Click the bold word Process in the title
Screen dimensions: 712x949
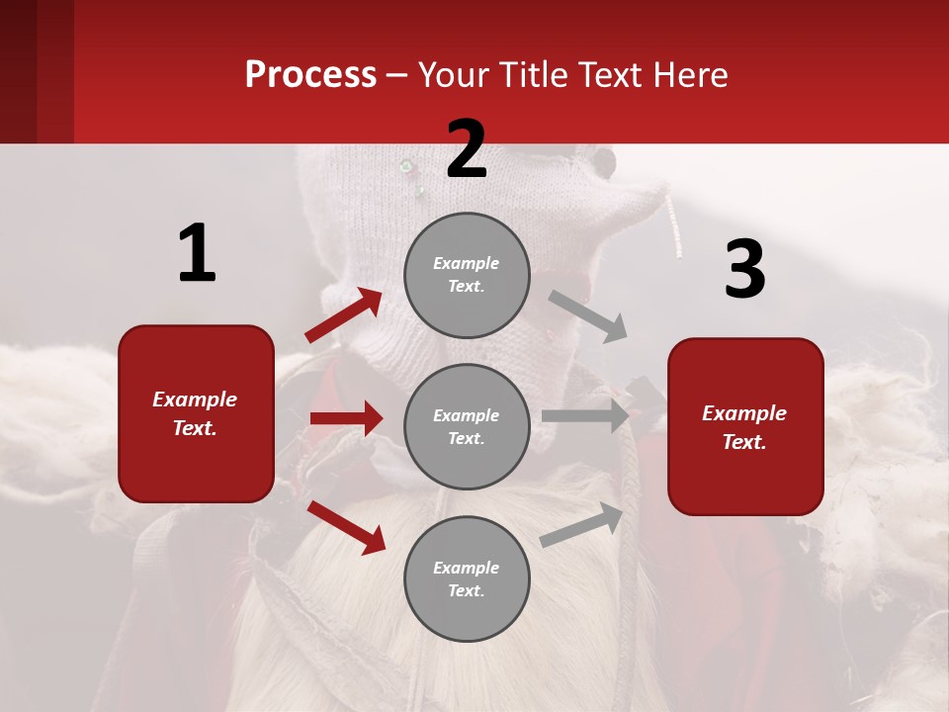point(310,75)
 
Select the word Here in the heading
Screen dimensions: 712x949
point(689,75)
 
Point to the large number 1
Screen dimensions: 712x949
point(197,253)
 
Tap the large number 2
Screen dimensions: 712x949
point(467,149)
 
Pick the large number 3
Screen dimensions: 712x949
point(744,270)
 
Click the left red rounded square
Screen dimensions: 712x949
point(196,413)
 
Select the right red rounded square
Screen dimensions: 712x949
point(745,426)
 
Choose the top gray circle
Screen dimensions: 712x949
point(467,275)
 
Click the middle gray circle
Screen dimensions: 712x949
point(467,426)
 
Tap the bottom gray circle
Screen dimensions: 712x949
point(467,578)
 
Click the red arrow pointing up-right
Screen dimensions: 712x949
point(344,315)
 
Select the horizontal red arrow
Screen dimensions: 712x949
point(346,418)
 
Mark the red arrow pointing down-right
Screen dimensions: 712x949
point(347,527)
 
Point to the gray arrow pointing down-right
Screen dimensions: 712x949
point(588,316)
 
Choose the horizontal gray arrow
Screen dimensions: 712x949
point(585,416)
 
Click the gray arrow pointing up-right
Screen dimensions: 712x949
point(581,525)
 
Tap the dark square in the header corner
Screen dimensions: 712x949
point(37,71)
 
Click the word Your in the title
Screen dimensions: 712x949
point(452,75)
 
